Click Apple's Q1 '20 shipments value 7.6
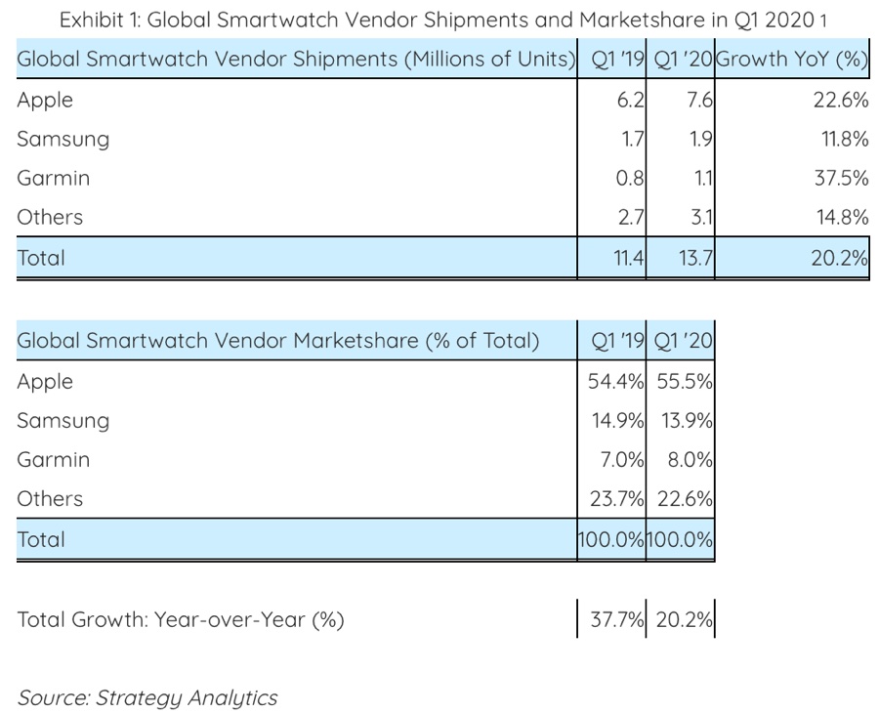[699, 100]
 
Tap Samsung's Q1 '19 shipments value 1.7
[631, 140]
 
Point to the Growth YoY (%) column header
[793, 59]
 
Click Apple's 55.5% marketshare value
[685, 382]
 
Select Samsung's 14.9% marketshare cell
[615, 421]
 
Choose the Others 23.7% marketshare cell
[615, 499]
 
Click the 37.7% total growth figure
[617, 619]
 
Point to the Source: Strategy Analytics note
[146, 697]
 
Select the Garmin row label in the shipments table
[53, 179]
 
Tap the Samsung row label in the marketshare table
[63, 421]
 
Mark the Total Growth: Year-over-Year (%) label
[181, 619]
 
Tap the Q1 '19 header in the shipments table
[618, 59]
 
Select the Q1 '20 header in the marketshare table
[685, 341]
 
